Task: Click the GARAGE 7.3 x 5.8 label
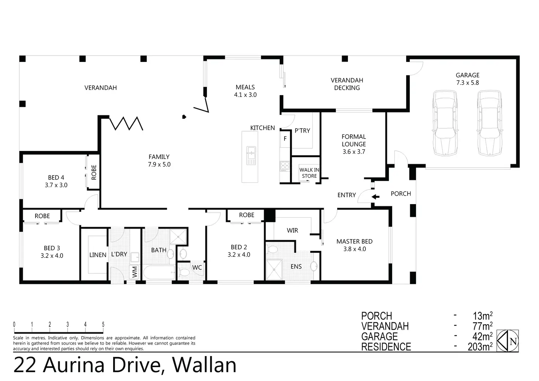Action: coord(468,79)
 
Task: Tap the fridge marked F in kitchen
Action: coord(285,139)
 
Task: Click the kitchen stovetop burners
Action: coord(285,166)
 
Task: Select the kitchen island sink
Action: coord(251,155)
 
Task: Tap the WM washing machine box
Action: coord(134,272)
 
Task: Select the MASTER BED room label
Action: coord(354,245)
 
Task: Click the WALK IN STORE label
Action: coord(309,173)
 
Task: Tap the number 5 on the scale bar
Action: coord(103,325)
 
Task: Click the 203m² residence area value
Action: coord(480,347)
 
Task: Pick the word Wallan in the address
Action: coord(204,365)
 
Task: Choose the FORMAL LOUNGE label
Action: coord(354,144)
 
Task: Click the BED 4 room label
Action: coord(56,181)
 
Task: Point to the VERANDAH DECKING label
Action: coord(347,84)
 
